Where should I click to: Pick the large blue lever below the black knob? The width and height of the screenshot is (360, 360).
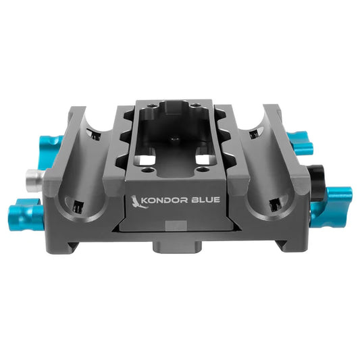332,201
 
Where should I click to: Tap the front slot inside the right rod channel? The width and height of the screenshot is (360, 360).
274,201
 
